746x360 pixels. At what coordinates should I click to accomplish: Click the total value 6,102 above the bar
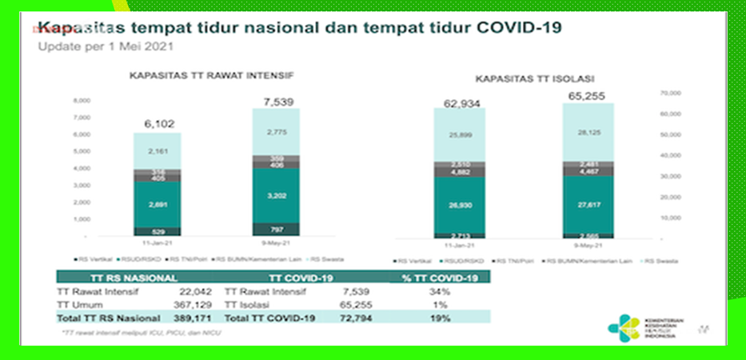(156, 123)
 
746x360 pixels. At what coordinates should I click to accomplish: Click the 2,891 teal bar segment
(157, 205)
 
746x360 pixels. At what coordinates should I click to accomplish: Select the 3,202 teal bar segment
(276, 194)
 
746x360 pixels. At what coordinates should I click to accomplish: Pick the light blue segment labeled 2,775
(276, 130)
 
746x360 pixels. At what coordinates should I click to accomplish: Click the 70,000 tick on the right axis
(668, 94)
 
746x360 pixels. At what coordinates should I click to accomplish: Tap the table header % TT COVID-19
(438, 278)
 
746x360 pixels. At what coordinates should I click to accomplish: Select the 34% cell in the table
(438, 291)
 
